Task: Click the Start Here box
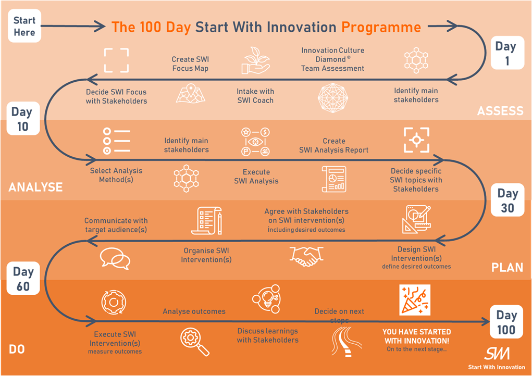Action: (24, 26)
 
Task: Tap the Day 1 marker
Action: (508, 53)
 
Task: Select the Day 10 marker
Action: (23, 119)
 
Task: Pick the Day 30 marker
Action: (508, 200)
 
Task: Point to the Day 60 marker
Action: (23, 279)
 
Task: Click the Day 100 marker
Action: (506, 322)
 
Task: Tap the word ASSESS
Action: (500, 111)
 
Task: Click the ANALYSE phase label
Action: (35, 187)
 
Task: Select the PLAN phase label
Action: (507, 268)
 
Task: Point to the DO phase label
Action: (17, 349)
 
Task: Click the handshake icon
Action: (306, 256)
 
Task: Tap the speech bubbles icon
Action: (115, 258)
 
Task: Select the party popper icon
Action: (415, 300)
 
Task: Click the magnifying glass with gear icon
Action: (194, 342)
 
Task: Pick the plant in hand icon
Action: (256, 60)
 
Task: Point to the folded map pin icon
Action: (191, 93)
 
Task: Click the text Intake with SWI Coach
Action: (255, 96)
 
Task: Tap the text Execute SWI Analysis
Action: (256, 177)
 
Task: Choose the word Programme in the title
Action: (381, 28)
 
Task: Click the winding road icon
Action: (347, 342)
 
